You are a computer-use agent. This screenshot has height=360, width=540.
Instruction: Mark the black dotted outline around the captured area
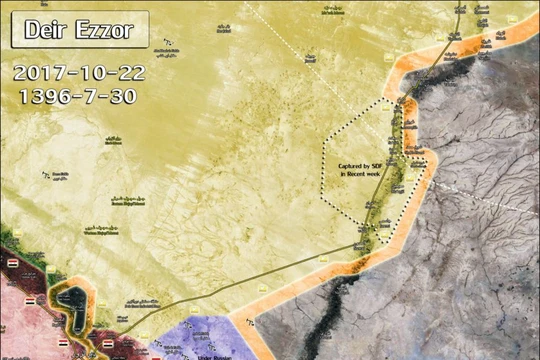(324, 170)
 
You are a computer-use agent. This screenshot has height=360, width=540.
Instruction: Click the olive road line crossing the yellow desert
(250, 280)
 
